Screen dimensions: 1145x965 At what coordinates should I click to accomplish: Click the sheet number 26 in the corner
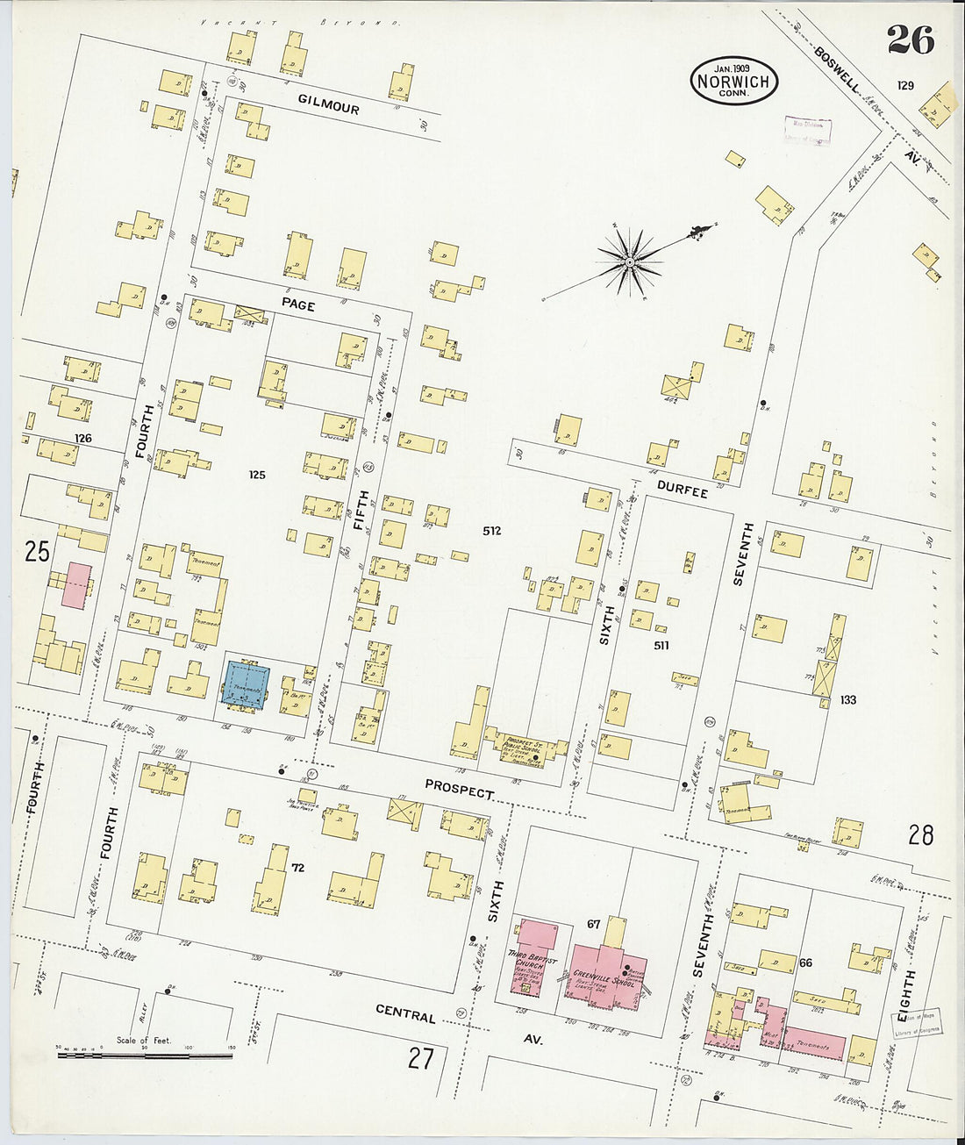tap(910, 39)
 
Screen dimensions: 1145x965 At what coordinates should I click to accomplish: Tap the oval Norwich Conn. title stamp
tap(733, 81)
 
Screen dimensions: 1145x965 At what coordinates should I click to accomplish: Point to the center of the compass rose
tap(629, 261)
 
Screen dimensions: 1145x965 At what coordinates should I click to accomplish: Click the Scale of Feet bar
tap(145, 1055)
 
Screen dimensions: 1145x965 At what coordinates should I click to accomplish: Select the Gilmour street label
tap(328, 104)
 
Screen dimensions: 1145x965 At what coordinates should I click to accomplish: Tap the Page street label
tap(297, 303)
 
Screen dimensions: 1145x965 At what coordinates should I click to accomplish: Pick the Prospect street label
tap(459, 789)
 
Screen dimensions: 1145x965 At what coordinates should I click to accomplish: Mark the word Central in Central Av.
tap(405, 1014)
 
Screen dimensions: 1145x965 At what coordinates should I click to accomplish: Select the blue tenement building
tap(247, 682)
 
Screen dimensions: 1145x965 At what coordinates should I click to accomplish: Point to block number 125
tap(256, 475)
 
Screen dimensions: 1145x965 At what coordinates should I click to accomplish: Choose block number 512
tap(491, 531)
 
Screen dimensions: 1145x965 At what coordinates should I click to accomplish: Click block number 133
tap(847, 699)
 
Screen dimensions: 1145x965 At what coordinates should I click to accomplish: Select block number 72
tap(297, 868)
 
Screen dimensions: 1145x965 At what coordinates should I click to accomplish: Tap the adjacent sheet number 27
tap(421, 1059)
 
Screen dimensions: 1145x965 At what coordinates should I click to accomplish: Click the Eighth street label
tap(907, 989)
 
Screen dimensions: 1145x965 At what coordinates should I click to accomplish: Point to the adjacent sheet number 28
tap(920, 834)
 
